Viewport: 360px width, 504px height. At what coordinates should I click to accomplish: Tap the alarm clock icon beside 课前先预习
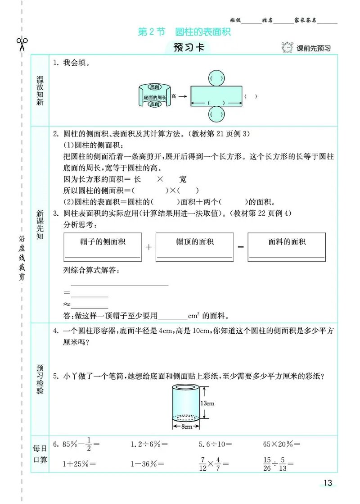[x=286, y=47]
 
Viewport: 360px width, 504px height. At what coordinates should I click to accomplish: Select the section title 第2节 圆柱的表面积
[x=187, y=32]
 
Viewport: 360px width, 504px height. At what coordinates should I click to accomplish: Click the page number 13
[x=328, y=483]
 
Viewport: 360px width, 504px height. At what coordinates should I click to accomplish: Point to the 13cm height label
[x=207, y=403]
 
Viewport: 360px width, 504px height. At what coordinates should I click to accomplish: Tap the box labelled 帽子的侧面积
[x=103, y=247]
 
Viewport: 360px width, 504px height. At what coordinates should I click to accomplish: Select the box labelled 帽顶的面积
[x=194, y=247]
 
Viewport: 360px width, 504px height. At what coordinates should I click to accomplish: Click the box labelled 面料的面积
[x=287, y=247]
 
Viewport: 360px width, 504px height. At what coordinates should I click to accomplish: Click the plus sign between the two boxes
[x=149, y=247]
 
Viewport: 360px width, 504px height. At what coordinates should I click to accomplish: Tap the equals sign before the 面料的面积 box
[x=240, y=247]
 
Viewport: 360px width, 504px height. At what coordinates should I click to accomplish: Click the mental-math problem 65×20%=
[x=282, y=445]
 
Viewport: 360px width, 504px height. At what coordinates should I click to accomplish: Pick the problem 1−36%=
[x=147, y=463]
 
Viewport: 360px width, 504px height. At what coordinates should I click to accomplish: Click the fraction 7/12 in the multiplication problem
[x=203, y=463]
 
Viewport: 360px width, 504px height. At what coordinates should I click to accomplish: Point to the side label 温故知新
[x=40, y=91]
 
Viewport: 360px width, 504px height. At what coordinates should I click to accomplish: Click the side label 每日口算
[x=40, y=454]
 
